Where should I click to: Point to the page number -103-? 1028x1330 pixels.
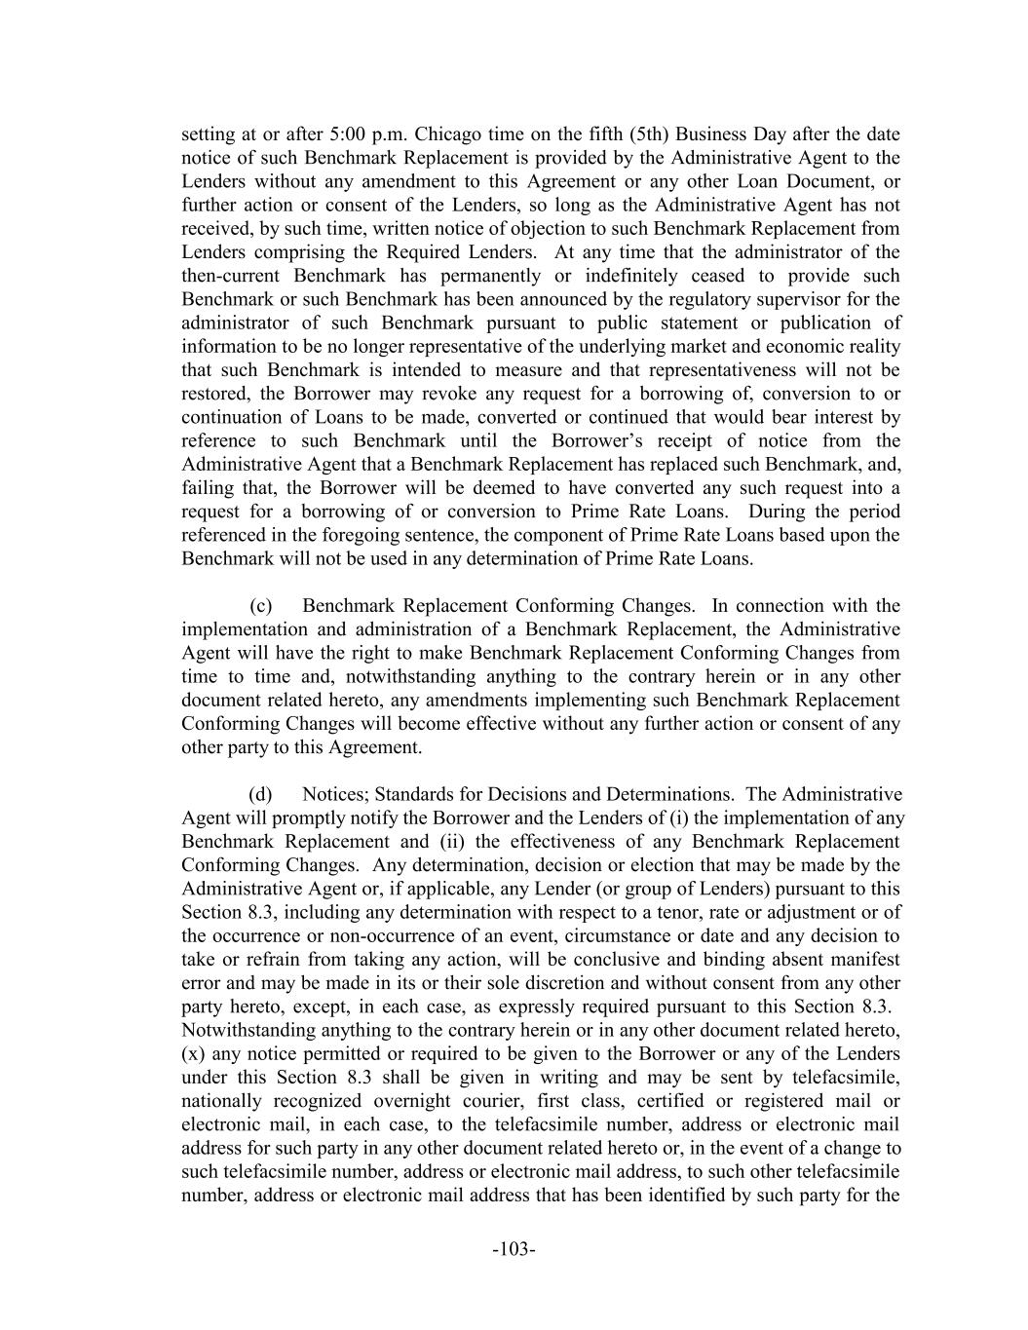pos(514,1249)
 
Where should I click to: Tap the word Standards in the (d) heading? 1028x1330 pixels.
pos(415,795)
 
